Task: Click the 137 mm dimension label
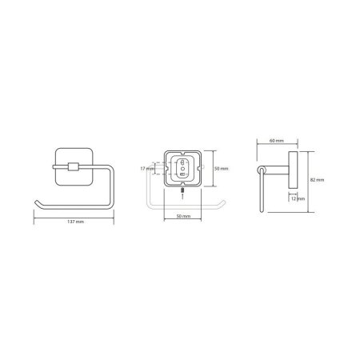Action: [76, 222]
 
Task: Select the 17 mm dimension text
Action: [147, 169]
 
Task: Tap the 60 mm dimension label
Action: [277, 141]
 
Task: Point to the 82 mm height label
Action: [317, 180]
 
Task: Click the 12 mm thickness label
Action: [298, 198]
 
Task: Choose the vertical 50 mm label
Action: [222, 169]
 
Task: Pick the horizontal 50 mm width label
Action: [183, 216]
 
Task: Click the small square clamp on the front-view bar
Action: [74, 166]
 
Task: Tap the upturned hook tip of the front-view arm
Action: [36, 202]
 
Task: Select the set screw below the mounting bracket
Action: [182, 190]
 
